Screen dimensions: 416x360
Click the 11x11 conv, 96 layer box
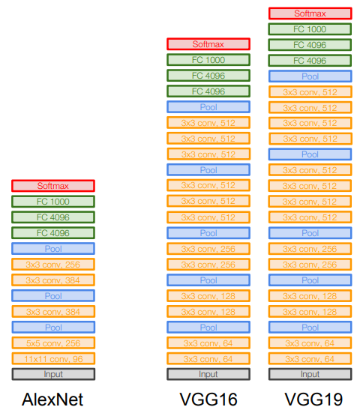[x=53, y=358]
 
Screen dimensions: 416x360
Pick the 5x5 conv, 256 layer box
[x=53, y=343]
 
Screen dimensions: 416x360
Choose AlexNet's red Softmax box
[x=53, y=185]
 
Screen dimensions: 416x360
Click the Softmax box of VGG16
[x=208, y=44]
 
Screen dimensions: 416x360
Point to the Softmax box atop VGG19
[x=310, y=13]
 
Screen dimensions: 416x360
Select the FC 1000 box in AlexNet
[x=53, y=201]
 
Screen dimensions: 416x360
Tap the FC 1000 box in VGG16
[x=208, y=60]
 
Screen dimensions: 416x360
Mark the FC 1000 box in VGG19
[x=310, y=28]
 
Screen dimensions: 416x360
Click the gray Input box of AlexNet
[x=53, y=374]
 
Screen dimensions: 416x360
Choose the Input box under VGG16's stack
[x=208, y=374]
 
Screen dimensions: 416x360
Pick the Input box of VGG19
[x=310, y=374]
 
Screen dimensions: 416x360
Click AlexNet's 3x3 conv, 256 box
[x=53, y=264]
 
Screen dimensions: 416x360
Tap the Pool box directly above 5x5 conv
[x=53, y=327]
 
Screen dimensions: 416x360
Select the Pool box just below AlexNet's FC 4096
[x=53, y=248]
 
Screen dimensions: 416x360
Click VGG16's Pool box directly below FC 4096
[x=208, y=107]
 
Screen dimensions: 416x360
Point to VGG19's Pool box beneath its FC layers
[x=310, y=76]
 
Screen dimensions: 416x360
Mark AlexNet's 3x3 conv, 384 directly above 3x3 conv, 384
[x=53, y=280]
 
